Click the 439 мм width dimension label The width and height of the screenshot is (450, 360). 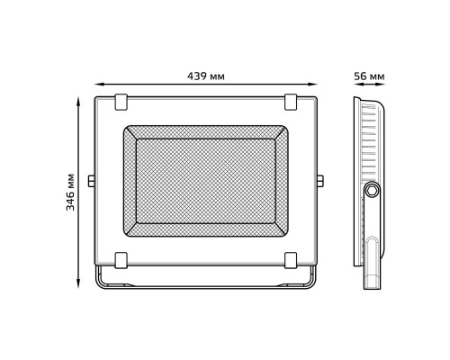tap(206, 76)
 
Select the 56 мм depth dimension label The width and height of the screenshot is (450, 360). tap(369, 76)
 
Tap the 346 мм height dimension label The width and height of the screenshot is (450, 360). tap(71, 193)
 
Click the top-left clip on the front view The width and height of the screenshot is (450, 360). tap(121, 102)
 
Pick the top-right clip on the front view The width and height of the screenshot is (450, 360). tap(291, 102)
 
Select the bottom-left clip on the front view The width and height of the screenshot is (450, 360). tap(121, 260)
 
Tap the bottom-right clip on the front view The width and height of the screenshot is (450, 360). tap(291, 260)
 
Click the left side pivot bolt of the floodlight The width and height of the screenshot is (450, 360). tap(92, 182)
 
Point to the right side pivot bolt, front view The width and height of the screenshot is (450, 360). tap(320, 182)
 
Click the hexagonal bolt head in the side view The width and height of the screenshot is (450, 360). tap(373, 190)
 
